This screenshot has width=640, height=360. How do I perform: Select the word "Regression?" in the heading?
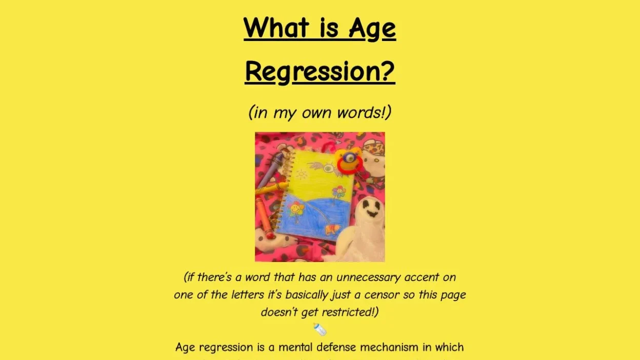point(320,72)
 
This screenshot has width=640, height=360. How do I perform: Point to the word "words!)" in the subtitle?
point(364,112)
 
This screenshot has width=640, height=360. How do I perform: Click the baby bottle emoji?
point(319,329)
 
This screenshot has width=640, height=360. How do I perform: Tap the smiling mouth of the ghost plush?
point(372,213)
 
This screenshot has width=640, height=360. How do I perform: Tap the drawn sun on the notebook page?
point(302,174)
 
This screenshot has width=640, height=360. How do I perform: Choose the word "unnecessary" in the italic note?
point(368,277)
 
